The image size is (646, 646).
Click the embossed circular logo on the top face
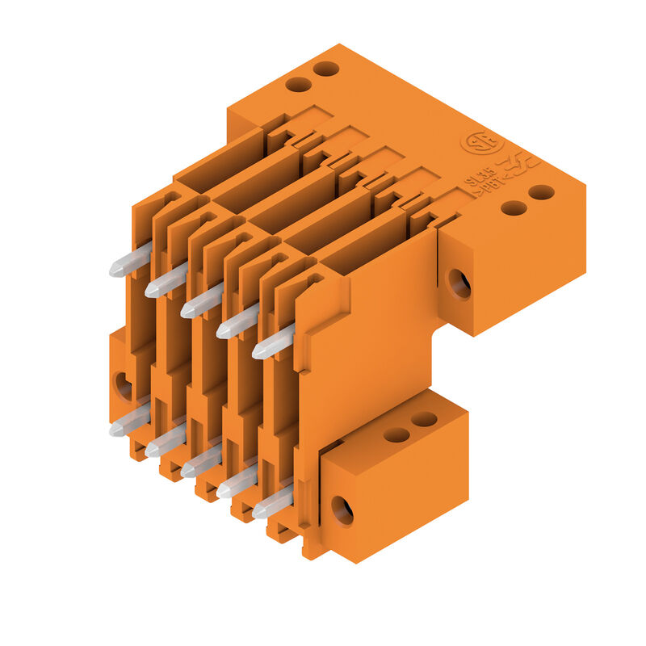482,143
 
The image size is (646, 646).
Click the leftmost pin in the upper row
129,261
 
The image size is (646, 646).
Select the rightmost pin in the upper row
273,342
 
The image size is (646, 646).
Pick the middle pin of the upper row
201,302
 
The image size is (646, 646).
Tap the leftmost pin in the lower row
129,421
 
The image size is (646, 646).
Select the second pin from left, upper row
166,281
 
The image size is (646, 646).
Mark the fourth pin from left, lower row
237,482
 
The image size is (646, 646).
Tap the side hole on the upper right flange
459,283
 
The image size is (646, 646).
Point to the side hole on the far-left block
124,386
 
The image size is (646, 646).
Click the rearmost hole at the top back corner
326,69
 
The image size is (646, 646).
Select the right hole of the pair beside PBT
541,192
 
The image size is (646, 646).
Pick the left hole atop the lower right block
396,434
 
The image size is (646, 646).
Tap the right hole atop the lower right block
424,420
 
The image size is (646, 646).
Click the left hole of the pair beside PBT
514,208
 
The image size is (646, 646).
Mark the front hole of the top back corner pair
299,84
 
